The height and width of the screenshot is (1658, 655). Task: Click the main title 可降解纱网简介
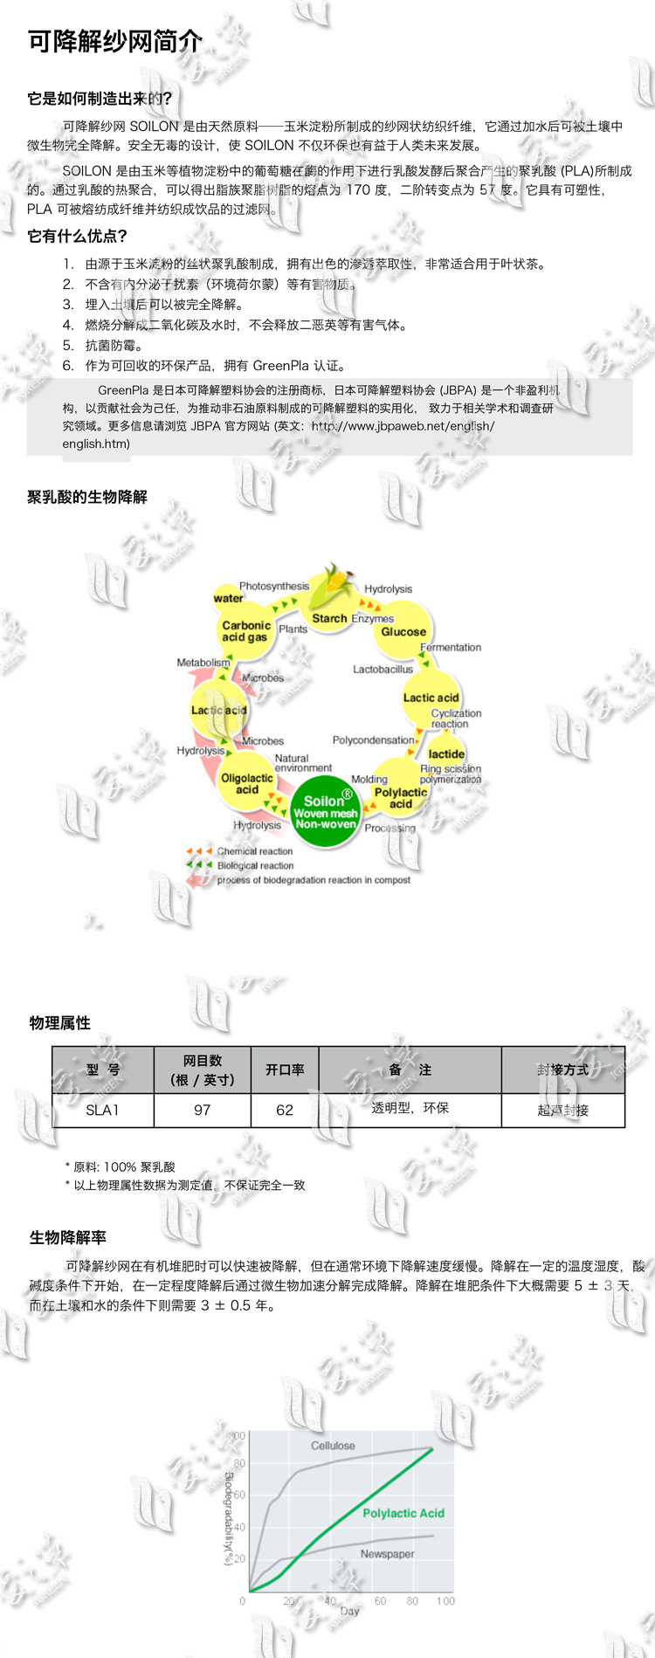tap(115, 41)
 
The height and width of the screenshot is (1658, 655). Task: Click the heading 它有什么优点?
tap(78, 236)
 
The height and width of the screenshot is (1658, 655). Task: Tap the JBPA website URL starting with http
tap(403, 426)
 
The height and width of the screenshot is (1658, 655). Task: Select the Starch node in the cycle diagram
tap(329, 618)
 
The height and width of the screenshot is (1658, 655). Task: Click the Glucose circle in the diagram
tap(403, 630)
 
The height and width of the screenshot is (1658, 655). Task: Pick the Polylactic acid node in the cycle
tap(400, 797)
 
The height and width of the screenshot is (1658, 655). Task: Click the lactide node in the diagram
tap(446, 753)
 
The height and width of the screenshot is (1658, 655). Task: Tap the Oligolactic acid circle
tap(247, 783)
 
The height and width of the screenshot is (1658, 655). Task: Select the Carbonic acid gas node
tap(245, 631)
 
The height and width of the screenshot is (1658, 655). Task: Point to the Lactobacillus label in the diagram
tap(383, 670)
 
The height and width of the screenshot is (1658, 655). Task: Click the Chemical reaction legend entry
tap(254, 851)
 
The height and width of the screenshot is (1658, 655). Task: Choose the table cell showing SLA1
tap(102, 1110)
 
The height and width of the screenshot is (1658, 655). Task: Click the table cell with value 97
tap(202, 1110)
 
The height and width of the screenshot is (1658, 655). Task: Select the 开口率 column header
tap(285, 1070)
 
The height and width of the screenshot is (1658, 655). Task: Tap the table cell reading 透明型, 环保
tap(410, 1108)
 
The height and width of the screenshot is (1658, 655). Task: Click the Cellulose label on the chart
tap(333, 1445)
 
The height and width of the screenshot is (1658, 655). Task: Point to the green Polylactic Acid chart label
tap(403, 1513)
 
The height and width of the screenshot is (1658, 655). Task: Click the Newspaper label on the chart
tap(387, 1553)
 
